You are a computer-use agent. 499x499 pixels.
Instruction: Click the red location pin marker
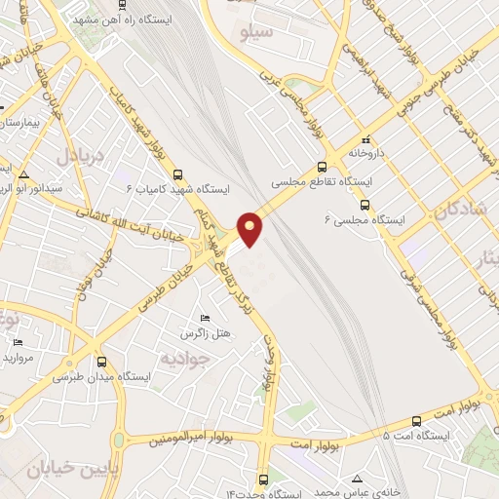click(251, 228)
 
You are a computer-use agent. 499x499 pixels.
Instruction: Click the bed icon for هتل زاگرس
click(205, 319)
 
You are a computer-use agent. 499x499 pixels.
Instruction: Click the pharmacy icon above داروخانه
click(366, 139)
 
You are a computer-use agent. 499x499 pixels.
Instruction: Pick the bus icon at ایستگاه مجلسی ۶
click(365, 205)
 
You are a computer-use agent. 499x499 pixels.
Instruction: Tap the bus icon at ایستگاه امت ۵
click(417, 421)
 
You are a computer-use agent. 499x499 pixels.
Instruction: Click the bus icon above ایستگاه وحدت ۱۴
click(264, 480)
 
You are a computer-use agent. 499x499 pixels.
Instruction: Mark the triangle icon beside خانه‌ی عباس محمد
click(359, 479)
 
